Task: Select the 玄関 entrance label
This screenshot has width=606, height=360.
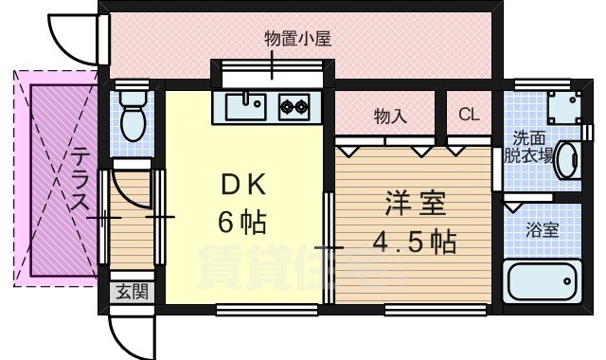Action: pyautogui.click(x=132, y=292)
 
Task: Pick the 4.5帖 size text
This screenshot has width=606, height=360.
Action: pyautogui.click(x=413, y=243)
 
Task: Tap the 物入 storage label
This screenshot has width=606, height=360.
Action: pyautogui.click(x=390, y=117)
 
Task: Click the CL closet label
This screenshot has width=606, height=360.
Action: pyautogui.click(x=469, y=116)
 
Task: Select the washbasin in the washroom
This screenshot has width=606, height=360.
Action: pyautogui.click(x=570, y=159)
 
